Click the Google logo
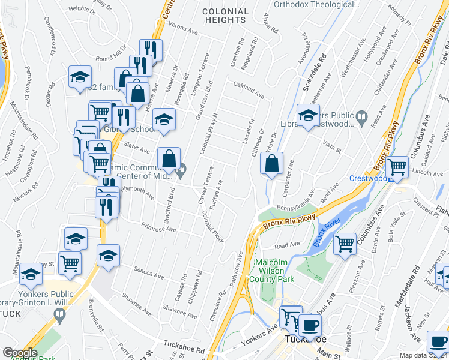point(20,352)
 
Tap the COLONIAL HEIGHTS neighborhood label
point(225,16)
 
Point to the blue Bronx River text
point(325,233)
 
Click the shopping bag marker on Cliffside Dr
point(272,164)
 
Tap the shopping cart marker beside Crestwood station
point(397,167)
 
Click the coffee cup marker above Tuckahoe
point(310,325)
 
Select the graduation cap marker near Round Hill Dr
point(80,77)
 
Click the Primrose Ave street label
point(159,228)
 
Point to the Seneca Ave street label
point(149,273)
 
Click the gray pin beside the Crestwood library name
point(361,115)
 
